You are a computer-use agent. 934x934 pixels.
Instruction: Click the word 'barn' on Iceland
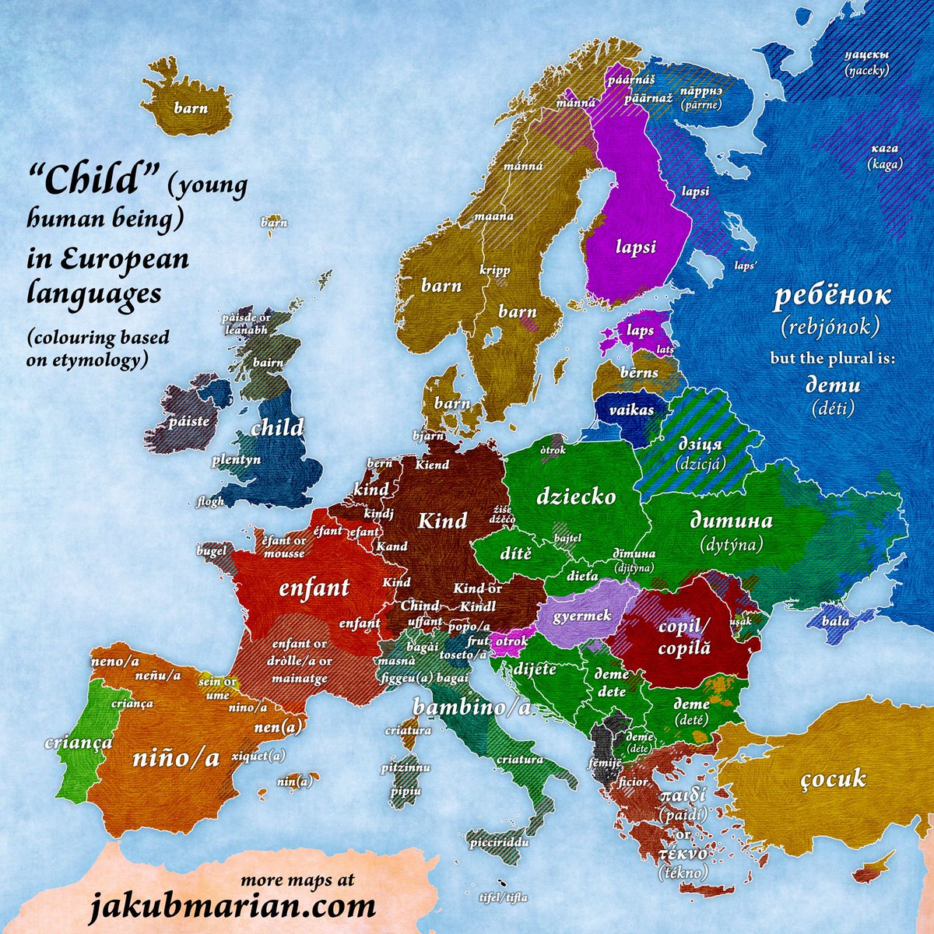click(x=191, y=108)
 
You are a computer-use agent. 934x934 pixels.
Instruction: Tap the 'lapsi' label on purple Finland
click(x=636, y=248)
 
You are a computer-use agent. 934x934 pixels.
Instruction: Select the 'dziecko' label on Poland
click(x=576, y=497)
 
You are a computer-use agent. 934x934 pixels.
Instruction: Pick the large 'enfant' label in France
click(x=314, y=588)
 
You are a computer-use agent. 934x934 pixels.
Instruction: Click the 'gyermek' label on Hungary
click(x=581, y=616)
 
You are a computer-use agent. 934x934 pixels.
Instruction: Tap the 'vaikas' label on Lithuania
click(x=630, y=409)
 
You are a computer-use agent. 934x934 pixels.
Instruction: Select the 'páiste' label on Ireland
click(x=188, y=421)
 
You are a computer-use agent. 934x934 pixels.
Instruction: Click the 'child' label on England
click(x=277, y=427)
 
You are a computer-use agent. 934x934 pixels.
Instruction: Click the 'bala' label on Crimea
click(x=835, y=622)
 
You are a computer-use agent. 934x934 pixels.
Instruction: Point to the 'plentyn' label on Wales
click(x=234, y=461)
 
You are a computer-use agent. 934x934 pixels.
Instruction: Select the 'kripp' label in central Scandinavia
click(x=495, y=271)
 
